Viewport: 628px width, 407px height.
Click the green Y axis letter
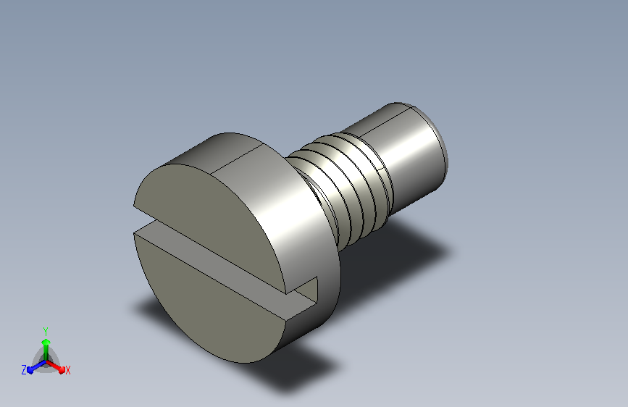tap(45, 331)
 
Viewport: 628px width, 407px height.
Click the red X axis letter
tap(67, 370)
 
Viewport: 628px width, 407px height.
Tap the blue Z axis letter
tap(24, 370)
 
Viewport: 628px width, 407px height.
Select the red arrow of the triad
tap(56, 366)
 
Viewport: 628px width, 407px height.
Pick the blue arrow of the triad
tap(36, 366)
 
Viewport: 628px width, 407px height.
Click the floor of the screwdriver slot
tap(225, 264)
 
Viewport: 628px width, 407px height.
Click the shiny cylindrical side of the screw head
tap(296, 225)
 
